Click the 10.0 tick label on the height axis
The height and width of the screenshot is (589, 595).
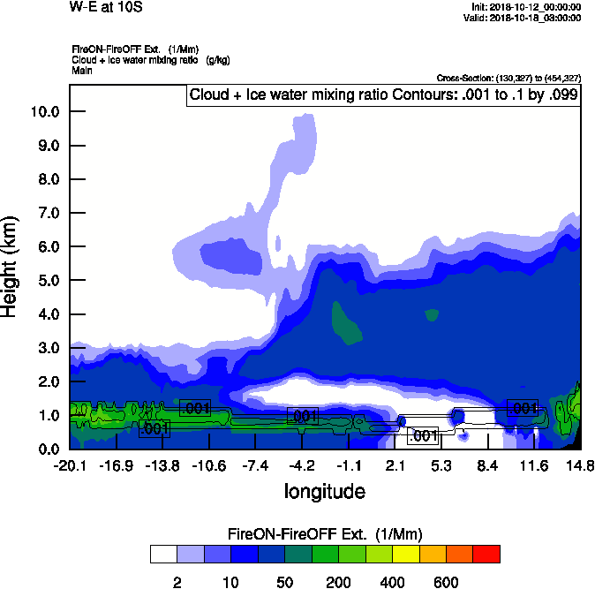pos(44,111)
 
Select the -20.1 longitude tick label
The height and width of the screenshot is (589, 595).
pos(69,465)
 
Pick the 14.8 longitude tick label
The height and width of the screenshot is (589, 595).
pos(579,465)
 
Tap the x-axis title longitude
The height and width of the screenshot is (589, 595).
pos(324,490)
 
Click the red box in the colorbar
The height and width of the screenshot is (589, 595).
pos(486,554)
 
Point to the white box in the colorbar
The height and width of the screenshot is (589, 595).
pos(162,554)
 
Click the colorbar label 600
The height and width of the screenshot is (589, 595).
pos(446,582)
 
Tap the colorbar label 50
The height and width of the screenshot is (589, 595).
pos(284,582)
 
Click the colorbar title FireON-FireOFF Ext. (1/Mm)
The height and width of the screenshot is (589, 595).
pos(325,534)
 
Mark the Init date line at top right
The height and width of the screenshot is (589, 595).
pos(526,7)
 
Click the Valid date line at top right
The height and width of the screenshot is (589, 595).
pos(525,17)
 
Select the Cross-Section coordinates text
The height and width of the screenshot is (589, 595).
pos(508,79)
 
